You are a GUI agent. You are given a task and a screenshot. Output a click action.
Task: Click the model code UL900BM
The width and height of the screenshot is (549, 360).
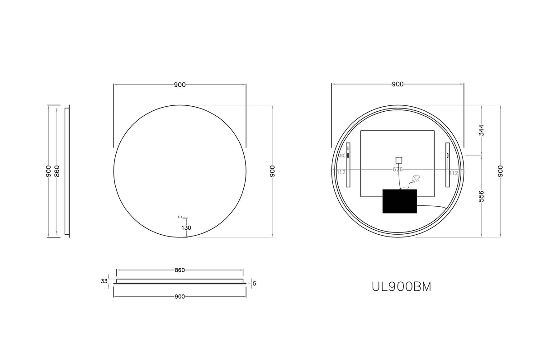pos(401,286)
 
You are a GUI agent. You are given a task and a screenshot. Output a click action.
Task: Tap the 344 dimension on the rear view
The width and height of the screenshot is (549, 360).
pos(482,130)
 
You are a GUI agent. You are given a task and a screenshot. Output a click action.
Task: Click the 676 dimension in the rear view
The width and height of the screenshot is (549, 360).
pos(398,170)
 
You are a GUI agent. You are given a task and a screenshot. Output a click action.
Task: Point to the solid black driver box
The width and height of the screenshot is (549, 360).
pos(399,201)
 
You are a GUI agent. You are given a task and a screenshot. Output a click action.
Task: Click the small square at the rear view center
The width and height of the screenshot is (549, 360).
pos(398,160)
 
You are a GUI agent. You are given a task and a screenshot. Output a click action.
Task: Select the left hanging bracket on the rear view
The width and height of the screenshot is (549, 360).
pos(348,165)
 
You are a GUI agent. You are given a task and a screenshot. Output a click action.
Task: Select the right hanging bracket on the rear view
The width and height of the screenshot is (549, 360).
pos(447,165)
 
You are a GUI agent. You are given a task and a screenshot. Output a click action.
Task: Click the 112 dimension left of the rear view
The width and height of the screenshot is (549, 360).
pos(341,172)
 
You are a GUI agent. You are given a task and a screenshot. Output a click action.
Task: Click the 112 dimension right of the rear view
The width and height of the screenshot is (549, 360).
pos(454,173)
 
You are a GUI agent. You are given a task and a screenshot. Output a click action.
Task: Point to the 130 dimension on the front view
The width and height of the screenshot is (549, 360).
pos(186,228)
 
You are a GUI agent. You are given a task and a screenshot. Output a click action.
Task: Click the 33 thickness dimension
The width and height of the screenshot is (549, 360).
pos(104,281)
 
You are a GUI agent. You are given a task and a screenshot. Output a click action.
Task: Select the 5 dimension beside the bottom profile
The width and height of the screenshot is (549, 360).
pos(255,284)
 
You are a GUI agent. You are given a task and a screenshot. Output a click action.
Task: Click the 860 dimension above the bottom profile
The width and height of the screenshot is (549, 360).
pos(180,270)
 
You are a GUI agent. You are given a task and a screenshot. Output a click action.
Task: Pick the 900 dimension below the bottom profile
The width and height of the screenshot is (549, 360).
pos(180,297)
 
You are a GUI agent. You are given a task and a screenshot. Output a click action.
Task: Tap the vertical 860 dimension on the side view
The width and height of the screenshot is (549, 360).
pos(57,171)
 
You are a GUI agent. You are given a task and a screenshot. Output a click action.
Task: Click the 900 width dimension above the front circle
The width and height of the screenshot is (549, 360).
pos(180,85)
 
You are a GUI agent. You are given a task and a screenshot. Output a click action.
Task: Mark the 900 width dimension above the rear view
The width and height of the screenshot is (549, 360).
pos(398,84)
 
